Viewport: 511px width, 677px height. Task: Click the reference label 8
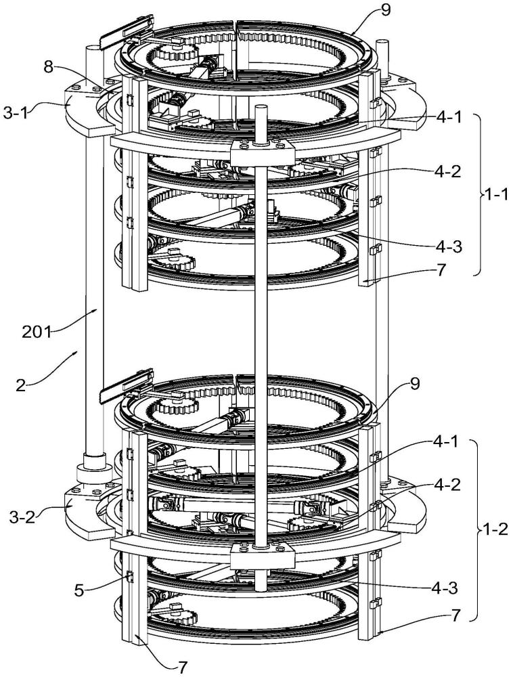pyautogui.click(x=49, y=67)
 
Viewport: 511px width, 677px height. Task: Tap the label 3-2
pyautogui.click(x=22, y=517)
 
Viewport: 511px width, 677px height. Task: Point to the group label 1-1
pyautogui.click(x=497, y=194)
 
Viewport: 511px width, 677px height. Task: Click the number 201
pyautogui.click(x=37, y=332)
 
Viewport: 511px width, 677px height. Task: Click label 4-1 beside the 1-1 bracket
pyautogui.click(x=448, y=117)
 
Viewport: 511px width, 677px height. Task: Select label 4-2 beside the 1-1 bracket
pyautogui.click(x=448, y=172)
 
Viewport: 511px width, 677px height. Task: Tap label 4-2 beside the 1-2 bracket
pyautogui.click(x=447, y=485)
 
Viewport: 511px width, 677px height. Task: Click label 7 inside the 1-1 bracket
pyautogui.click(x=441, y=271)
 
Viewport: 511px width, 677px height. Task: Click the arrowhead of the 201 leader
pyautogui.click(x=98, y=310)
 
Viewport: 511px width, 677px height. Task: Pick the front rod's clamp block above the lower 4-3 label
pyautogui.click(x=262, y=556)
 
